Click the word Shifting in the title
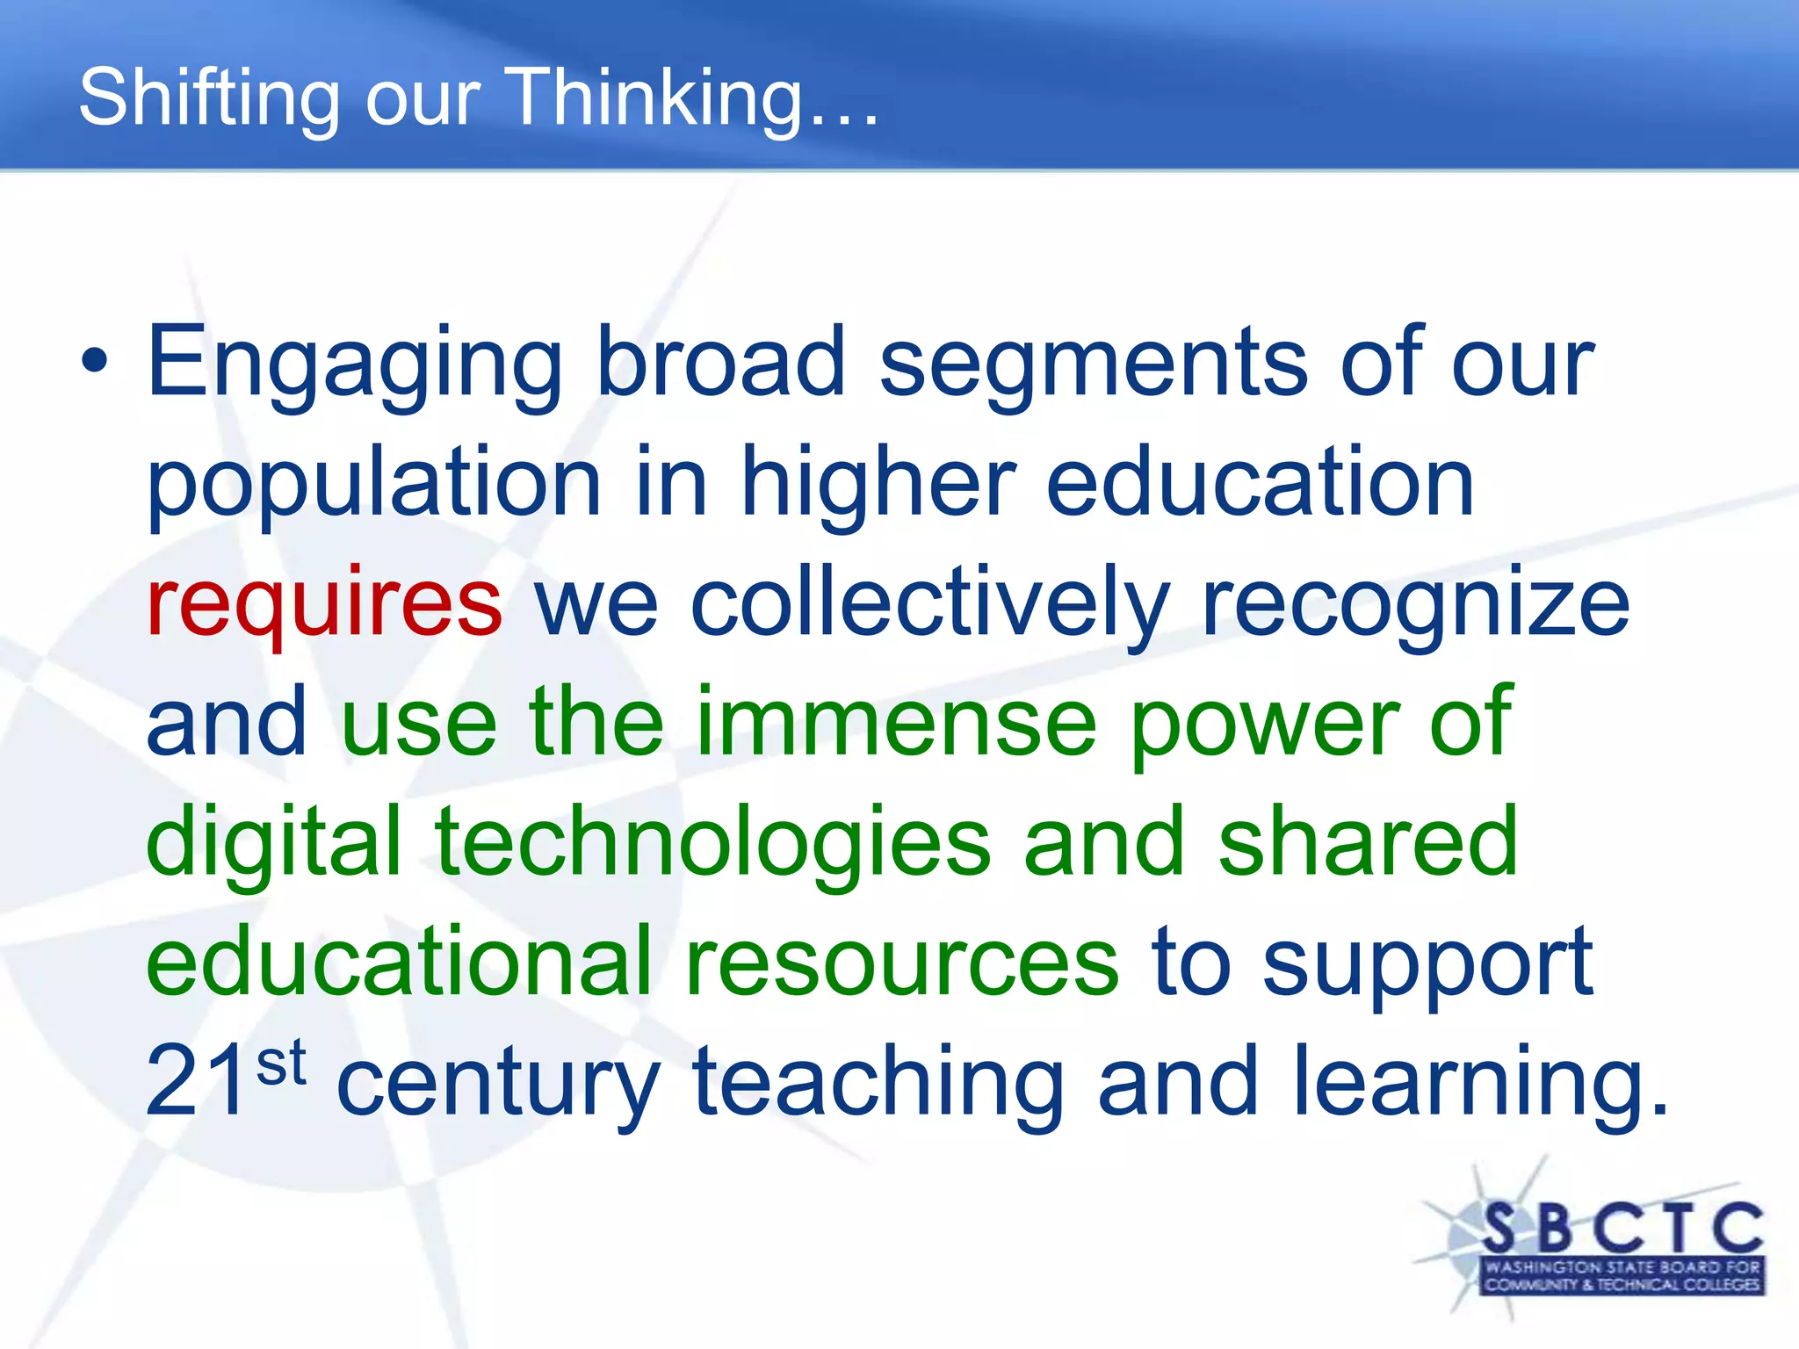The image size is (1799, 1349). tap(209, 98)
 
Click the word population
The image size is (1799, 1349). tap(373, 485)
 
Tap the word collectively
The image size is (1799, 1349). tap(930, 604)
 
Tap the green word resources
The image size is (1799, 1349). tap(901, 964)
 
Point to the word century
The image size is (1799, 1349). tap(497, 1086)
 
